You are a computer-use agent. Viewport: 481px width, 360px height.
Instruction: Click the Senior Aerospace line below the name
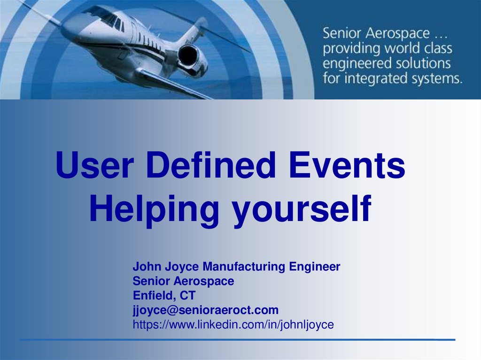183,281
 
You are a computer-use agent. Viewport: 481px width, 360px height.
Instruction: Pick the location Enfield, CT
164,296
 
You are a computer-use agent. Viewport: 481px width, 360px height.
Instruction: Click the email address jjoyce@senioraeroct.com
205,310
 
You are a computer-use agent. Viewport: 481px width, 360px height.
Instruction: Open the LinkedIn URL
233,324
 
